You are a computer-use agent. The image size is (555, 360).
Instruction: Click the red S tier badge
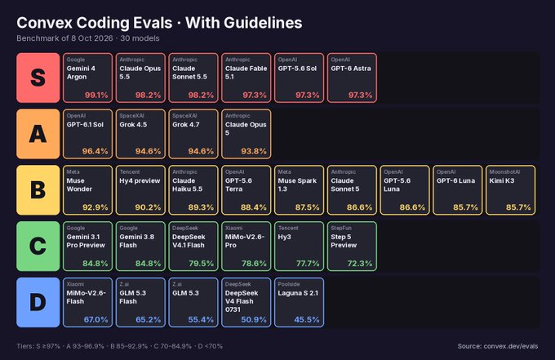point(38,78)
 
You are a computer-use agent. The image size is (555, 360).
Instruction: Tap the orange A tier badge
point(38,134)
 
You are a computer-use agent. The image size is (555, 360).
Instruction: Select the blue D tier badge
point(38,302)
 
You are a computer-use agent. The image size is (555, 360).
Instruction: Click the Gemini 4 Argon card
point(88,78)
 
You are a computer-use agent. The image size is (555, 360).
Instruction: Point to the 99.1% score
point(96,95)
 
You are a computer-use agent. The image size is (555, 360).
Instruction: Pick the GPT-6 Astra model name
point(351,69)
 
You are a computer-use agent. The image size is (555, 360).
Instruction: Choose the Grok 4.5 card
point(140,134)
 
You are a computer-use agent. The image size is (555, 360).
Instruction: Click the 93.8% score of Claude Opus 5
point(254,151)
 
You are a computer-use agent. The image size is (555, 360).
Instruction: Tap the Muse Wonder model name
point(80,184)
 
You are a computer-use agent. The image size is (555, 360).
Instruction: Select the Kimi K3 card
point(510,190)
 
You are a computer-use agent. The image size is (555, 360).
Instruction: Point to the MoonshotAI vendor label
point(504,171)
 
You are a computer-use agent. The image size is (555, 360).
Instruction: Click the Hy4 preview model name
point(140,180)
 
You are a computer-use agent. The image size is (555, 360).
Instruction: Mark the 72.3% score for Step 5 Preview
point(360,264)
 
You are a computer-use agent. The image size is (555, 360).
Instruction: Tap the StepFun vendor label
point(341,228)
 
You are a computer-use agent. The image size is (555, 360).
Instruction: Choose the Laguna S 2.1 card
point(299,302)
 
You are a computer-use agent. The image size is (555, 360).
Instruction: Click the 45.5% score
point(307,319)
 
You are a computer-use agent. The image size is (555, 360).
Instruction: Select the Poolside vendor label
point(289,284)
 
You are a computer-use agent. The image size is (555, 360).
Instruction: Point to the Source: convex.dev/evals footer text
point(498,346)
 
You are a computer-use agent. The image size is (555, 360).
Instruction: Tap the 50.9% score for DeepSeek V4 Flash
point(254,319)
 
